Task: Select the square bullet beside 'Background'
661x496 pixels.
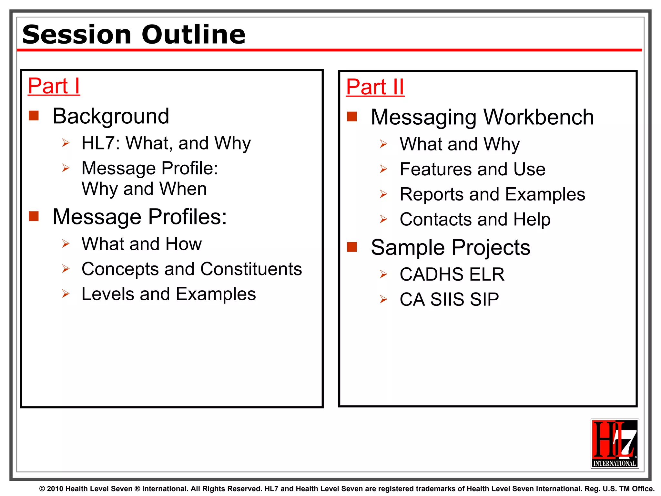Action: [34, 116]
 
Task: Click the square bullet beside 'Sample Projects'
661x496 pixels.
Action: [352, 247]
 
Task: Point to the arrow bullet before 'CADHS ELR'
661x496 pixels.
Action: [383, 274]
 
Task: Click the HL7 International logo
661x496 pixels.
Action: [615, 443]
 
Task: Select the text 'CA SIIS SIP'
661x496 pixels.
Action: [449, 299]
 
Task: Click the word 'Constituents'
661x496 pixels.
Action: [251, 269]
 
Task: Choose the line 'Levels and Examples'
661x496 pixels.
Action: [168, 294]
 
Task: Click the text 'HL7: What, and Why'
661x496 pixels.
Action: [166, 143]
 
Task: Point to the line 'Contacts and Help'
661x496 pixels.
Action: [475, 219]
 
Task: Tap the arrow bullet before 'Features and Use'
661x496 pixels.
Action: [383, 169]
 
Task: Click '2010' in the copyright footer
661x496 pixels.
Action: [55, 489]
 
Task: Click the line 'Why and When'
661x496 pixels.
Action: [144, 189]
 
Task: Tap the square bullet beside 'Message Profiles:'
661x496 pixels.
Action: [34, 216]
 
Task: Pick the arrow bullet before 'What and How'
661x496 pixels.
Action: [66, 244]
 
